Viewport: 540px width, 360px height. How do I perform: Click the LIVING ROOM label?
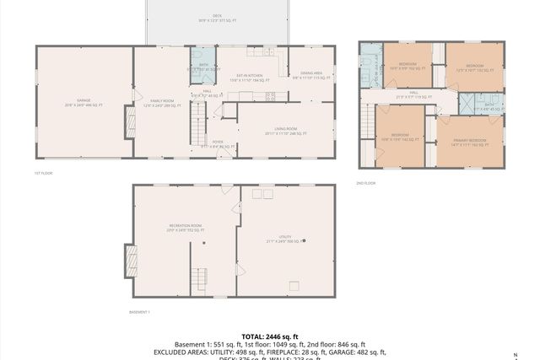282,131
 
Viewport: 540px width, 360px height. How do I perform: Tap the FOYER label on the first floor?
217,144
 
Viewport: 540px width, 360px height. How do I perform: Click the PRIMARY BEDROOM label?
469,142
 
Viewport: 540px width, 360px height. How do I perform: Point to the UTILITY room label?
285,239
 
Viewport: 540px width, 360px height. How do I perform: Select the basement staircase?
200,277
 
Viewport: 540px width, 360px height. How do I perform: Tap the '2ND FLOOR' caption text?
366,182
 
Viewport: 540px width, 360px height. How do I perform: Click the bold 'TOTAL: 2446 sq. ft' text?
270,336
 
